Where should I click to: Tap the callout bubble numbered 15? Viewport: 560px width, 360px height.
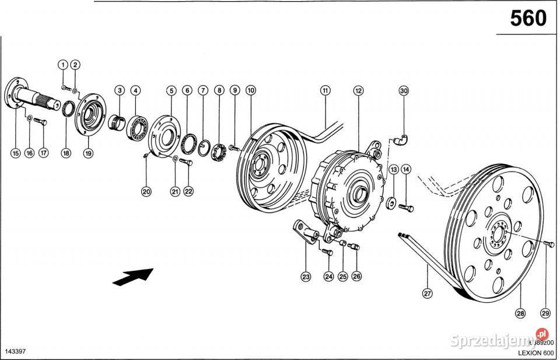(16, 153)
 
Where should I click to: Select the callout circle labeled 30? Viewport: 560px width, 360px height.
(404, 90)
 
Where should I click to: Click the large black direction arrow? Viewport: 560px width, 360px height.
(132, 277)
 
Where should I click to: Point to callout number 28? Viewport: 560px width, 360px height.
(520, 313)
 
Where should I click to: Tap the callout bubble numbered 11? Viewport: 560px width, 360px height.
(325, 90)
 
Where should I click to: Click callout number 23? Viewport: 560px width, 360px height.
(306, 277)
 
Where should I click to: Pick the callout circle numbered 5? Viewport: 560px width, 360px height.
(171, 90)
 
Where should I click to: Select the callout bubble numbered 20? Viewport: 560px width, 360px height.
(146, 191)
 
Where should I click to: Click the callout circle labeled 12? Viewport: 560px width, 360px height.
(358, 90)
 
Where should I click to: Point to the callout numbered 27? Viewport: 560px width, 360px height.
(428, 293)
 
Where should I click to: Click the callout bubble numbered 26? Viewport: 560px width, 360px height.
(356, 277)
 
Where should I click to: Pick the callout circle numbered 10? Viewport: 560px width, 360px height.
(251, 90)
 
